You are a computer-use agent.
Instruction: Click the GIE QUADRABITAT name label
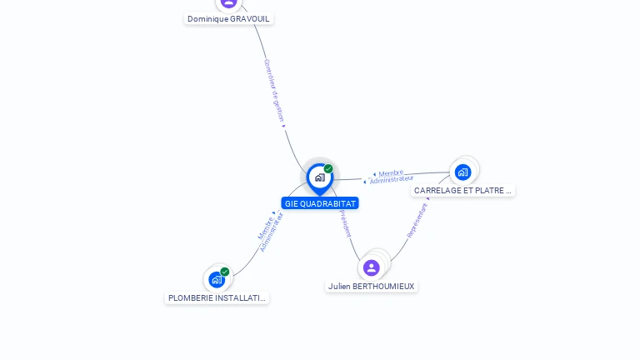pos(320,203)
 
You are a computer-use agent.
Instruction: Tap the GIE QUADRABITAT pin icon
pos(319,177)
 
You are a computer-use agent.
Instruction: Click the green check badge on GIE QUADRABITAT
pos(328,169)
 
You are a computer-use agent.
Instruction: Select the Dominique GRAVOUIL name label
pos(228,18)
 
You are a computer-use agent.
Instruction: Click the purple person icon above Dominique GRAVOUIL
pos(228,2)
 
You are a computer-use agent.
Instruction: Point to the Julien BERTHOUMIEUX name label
pos(371,286)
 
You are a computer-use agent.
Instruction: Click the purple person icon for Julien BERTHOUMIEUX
pos(372,267)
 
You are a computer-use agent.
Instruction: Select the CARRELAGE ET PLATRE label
pos(463,190)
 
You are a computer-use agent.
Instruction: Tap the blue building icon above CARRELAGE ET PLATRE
pos(463,172)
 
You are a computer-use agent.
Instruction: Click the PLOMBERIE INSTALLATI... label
pos(217,297)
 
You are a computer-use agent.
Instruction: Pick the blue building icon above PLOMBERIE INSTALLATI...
pos(217,279)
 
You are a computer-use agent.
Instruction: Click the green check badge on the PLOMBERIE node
pos(225,272)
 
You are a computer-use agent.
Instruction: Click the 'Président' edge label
pos(345,223)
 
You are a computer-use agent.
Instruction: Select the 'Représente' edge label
pos(417,221)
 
